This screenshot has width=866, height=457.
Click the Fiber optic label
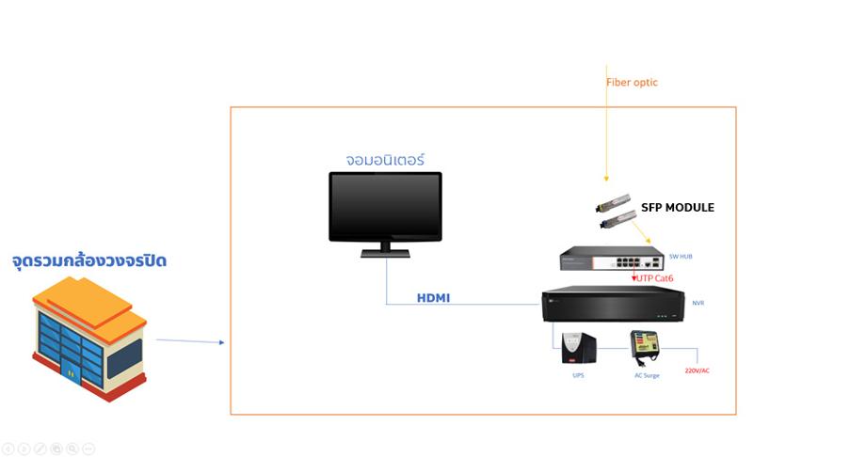(x=632, y=83)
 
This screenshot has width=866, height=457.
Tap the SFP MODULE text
(x=677, y=208)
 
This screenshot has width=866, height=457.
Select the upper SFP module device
(x=612, y=202)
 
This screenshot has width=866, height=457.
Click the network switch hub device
(x=611, y=260)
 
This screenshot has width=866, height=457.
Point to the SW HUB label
(x=681, y=257)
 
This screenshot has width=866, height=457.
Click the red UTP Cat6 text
(x=654, y=278)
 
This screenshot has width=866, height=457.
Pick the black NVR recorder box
(x=612, y=305)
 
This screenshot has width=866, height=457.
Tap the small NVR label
(x=698, y=304)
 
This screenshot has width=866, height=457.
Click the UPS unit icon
(x=578, y=348)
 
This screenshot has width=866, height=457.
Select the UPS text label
(x=578, y=374)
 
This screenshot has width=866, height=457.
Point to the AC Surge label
(x=646, y=375)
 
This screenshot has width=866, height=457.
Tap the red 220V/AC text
(x=697, y=370)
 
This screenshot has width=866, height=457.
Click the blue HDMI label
(x=433, y=298)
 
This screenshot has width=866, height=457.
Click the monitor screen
(x=385, y=206)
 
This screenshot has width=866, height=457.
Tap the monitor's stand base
(x=385, y=252)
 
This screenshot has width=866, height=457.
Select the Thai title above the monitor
(x=384, y=160)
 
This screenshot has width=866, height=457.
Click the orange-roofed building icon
(x=90, y=339)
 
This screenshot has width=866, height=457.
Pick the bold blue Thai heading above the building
(x=89, y=260)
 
